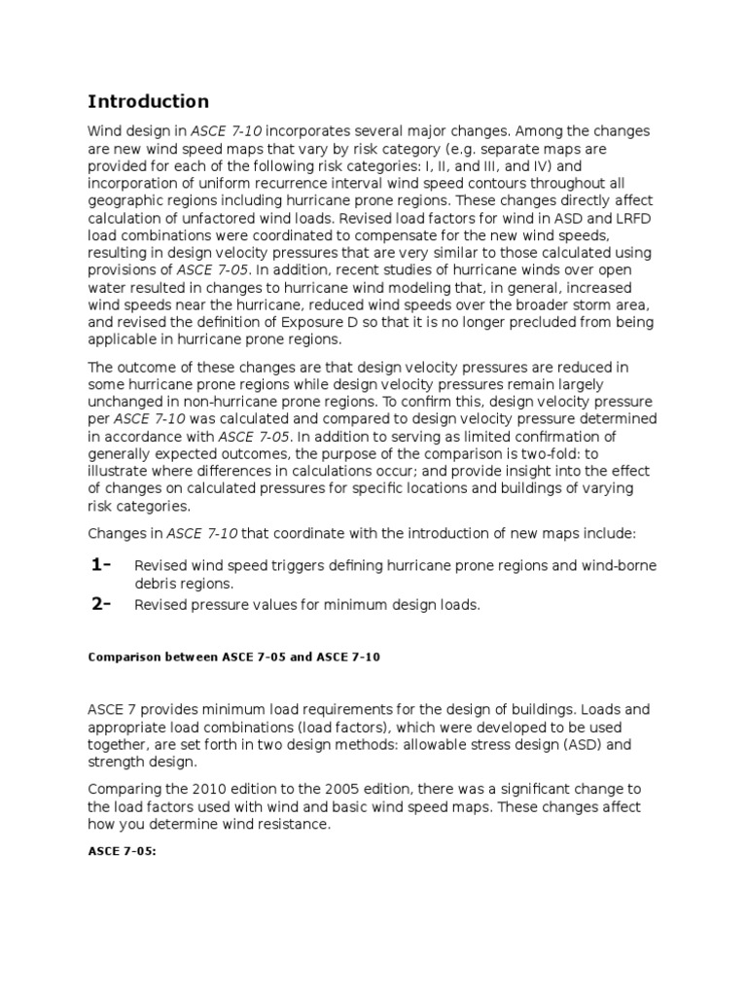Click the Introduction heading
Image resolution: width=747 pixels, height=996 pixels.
pyautogui.click(x=148, y=102)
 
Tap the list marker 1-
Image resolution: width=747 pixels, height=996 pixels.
pyautogui.click(x=100, y=566)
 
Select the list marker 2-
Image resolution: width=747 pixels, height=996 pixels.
pyautogui.click(x=100, y=603)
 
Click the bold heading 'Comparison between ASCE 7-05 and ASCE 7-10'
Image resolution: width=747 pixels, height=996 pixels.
pyautogui.click(x=233, y=657)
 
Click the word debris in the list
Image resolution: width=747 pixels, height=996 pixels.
pyautogui.click(x=156, y=584)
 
